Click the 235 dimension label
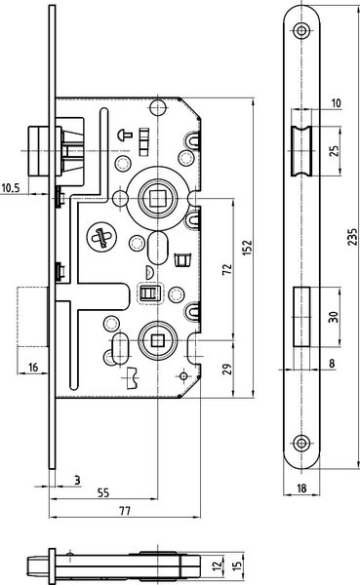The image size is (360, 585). click(352, 237)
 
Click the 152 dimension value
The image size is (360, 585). click(247, 248)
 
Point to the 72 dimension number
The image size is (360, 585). click(227, 269)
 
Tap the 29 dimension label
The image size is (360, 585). click(227, 369)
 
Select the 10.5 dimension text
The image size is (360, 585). click(11, 187)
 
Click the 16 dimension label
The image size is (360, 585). click(33, 368)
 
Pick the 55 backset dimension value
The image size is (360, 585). click(103, 492)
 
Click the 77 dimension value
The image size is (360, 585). click(125, 510)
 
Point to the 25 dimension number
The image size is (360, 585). click(335, 150)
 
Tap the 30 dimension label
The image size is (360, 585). click(334, 317)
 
